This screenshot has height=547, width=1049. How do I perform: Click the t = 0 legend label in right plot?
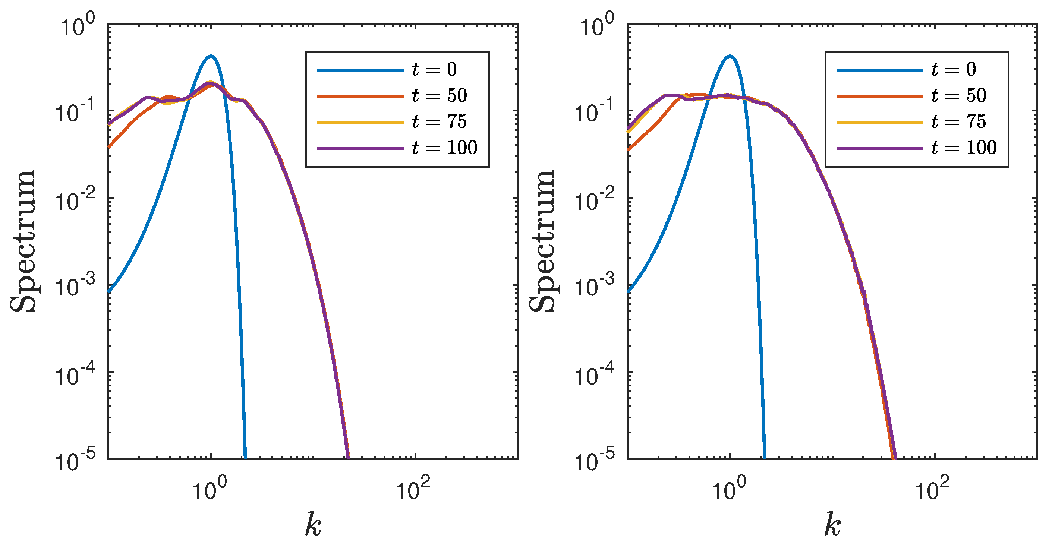954,70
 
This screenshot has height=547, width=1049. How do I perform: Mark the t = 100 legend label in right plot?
964,148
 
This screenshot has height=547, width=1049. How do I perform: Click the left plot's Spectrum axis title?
23,241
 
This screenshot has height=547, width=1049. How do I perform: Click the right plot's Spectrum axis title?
542,241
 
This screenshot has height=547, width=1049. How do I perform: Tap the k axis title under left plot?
313,525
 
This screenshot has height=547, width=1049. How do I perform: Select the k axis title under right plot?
832,525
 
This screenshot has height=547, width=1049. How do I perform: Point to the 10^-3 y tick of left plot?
75,286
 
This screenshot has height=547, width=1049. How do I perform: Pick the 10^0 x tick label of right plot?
728,488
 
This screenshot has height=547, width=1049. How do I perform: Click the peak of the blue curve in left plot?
211,56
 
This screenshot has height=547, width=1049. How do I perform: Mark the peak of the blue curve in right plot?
730,56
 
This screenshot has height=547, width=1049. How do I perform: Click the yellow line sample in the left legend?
360,122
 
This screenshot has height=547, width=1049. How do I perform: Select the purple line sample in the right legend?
880,149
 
